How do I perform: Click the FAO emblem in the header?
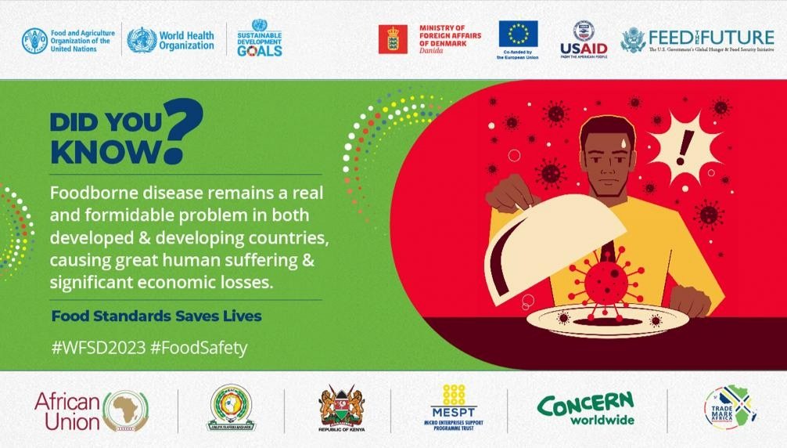point(34,40)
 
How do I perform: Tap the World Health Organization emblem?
point(142,40)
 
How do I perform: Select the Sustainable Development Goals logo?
point(259,38)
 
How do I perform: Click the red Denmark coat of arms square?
point(393,39)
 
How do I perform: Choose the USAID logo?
point(583,40)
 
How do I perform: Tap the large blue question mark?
point(184,128)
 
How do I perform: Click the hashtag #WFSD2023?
point(99,348)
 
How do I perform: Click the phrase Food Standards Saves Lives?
point(156,316)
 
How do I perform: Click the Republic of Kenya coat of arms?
point(342,406)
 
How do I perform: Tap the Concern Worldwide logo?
point(585,409)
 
